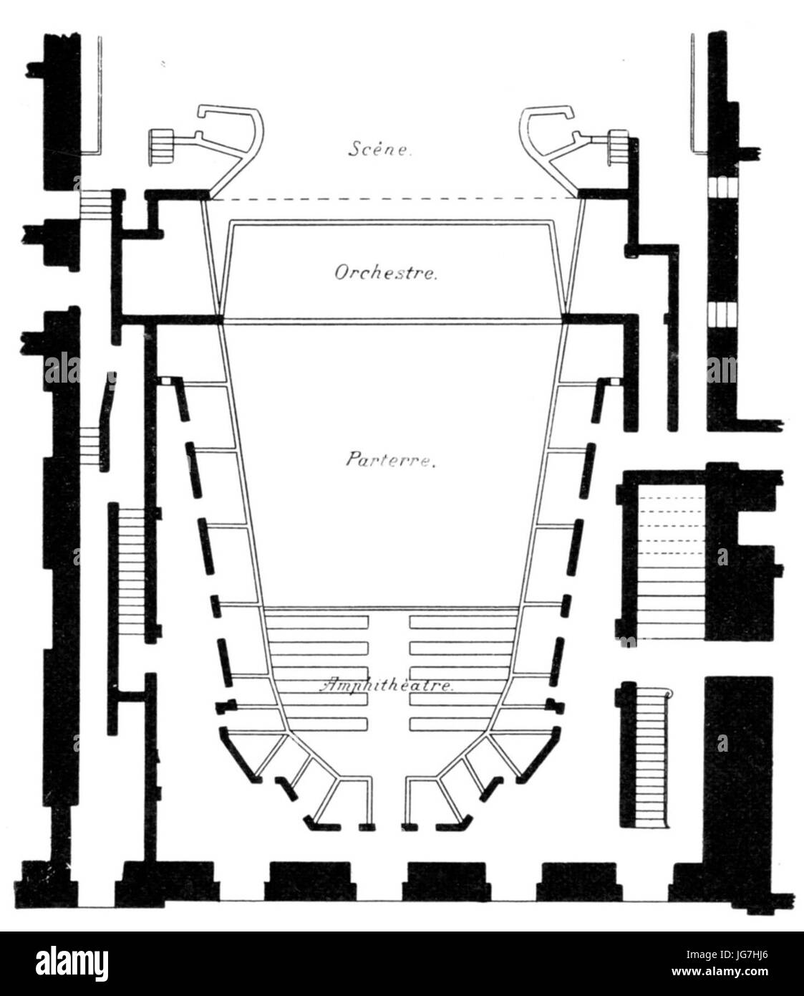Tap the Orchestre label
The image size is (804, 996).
tap(386, 273)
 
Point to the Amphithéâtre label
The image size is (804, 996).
tap(387, 685)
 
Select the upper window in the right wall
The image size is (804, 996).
tap(722, 186)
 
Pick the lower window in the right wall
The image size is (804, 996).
tap(722, 314)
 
